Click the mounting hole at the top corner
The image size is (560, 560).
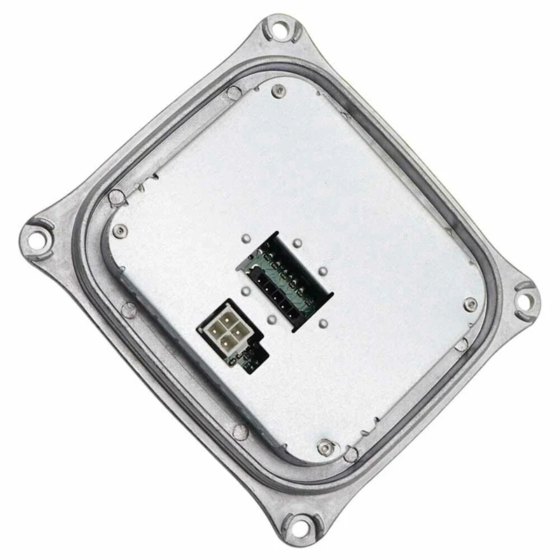click(281, 30)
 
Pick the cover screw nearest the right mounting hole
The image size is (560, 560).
click(470, 303)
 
